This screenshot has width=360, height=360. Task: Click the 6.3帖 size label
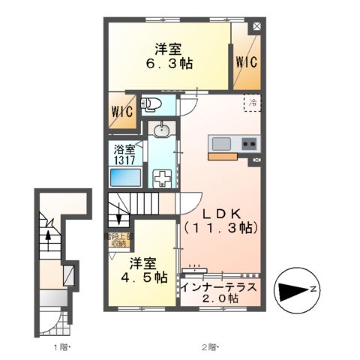(x=169, y=64)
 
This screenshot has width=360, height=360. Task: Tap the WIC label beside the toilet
(x=122, y=112)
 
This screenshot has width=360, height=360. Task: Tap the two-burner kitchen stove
(x=250, y=144)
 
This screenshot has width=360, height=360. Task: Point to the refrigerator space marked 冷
(x=253, y=102)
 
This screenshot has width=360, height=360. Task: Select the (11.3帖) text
(x=220, y=228)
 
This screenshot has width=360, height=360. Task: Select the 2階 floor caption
(x=210, y=346)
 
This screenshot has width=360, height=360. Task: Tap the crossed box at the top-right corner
(x=258, y=26)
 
